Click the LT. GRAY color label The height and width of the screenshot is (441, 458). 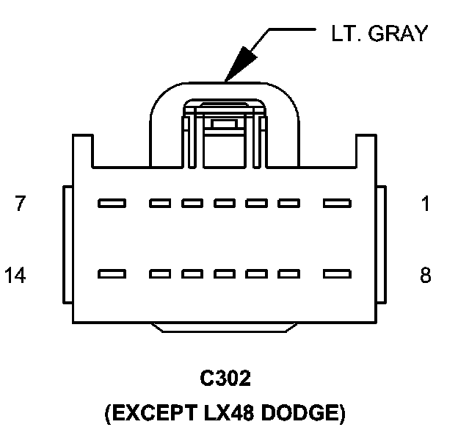(379, 33)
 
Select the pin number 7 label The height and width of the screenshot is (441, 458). (20, 203)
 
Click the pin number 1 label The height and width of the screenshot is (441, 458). (426, 204)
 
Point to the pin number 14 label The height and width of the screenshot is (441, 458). (15, 275)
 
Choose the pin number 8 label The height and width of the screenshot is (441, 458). (426, 275)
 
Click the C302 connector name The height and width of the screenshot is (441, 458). (225, 378)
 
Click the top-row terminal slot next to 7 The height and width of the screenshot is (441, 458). (112, 203)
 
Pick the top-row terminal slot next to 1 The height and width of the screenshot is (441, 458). (337, 203)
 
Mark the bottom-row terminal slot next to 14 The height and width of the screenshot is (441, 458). (112, 274)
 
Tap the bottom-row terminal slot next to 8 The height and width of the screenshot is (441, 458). (337, 274)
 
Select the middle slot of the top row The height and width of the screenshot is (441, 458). (225, 203)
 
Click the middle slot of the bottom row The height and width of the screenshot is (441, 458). (225, 274)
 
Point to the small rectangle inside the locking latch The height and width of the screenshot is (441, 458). (225, 124)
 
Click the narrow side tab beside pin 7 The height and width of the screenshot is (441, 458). (68, 245)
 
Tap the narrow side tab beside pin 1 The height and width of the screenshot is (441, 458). (382, 245)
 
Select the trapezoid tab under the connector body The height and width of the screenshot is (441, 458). (224, 328)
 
